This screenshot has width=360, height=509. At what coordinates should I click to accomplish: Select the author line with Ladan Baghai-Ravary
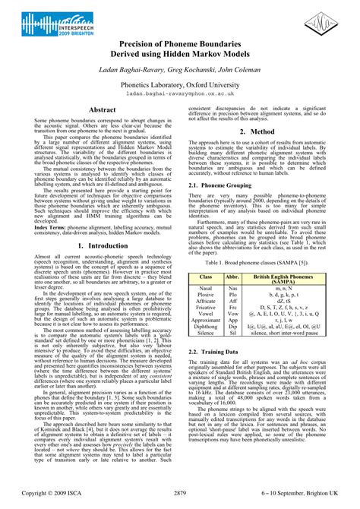[179, 70]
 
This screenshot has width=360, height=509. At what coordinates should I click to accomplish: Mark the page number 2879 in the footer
[180, 494]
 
